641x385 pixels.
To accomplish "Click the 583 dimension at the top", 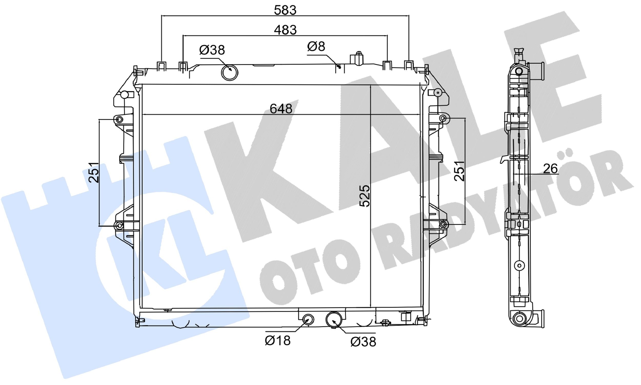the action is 285,10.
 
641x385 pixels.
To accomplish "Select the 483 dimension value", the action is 285,30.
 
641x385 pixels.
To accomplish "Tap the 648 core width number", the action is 281,109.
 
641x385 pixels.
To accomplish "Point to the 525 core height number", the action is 365,196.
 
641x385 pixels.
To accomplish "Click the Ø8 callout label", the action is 316,47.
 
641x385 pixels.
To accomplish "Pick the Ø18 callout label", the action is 278,341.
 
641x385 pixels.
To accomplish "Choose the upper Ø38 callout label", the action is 212,50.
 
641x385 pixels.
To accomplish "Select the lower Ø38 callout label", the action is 363,342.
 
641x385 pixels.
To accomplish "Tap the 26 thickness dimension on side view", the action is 550,169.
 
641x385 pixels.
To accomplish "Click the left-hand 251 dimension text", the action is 94,172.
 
